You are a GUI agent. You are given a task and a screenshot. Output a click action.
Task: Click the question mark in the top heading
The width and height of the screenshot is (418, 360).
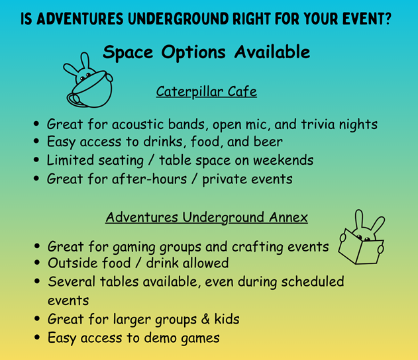coord(387,19)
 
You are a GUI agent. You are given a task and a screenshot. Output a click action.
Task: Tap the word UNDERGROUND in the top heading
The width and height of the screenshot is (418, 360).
coord(178,19)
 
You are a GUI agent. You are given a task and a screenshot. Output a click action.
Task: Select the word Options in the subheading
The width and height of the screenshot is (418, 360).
coord(193,53)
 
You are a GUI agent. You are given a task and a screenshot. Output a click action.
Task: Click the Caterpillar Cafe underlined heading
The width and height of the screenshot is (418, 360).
coord(206,92)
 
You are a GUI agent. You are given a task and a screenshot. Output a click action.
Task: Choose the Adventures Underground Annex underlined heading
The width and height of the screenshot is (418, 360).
coord(206,218)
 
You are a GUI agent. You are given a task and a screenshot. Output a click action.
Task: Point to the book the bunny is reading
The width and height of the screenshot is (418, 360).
coord(360,247)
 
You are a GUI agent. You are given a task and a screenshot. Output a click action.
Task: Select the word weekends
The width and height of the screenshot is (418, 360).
coord(283,160)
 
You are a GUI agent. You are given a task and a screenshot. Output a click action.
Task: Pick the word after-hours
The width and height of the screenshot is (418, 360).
coord(149,179)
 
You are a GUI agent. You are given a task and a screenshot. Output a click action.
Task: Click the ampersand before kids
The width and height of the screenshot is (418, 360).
coord(205,319)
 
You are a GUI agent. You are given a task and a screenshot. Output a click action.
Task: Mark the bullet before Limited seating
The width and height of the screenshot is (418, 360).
coord(36,159)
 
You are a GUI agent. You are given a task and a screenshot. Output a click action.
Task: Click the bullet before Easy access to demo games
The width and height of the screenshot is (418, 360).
coord(37,337)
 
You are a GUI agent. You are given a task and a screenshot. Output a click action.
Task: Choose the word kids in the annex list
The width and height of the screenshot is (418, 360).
coord(227,319)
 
